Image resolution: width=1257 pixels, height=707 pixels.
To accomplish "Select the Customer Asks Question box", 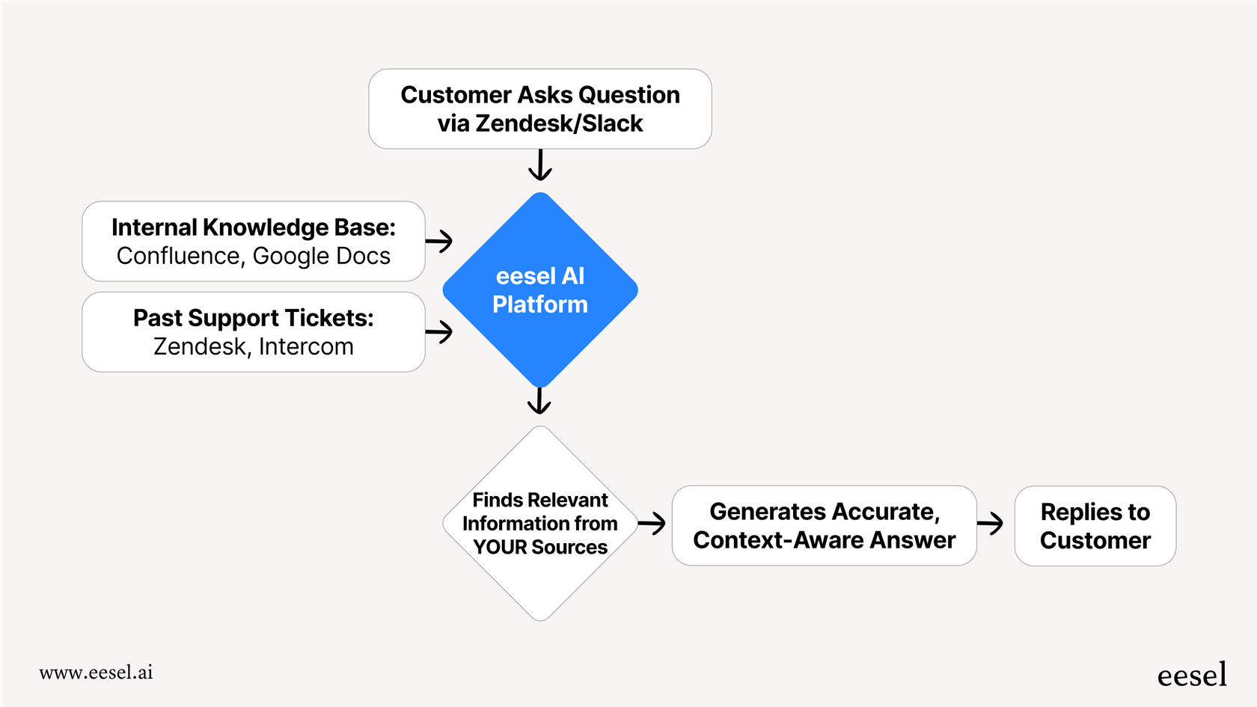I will (x=539, y=108).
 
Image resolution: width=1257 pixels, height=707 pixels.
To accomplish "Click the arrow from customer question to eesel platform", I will (x=539, y=165).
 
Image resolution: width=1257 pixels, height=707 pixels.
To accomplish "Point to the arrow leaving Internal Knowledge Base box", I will (x=440, y=241).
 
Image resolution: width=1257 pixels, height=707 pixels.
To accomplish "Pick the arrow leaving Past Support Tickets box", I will (x=440, y=331).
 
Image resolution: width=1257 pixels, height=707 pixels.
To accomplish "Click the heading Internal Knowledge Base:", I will (x=254, y=227).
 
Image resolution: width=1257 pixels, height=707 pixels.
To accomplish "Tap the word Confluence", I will (x=178, y=256).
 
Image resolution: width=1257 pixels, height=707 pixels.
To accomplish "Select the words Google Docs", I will (x=322, y=256).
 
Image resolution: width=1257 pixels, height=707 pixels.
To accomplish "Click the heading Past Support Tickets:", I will (x=254, y=318).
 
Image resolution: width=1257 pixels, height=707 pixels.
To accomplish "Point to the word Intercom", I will (x=306, y=347).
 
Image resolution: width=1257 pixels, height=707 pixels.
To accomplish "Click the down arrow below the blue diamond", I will (x=539, y=400).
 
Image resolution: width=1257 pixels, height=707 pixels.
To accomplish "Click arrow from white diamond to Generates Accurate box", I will (x=652, y=523).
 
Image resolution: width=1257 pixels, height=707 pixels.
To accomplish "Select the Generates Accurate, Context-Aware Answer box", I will (x=824, y=525).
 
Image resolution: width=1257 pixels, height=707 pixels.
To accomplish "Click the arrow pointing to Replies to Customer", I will (x=991, y=523).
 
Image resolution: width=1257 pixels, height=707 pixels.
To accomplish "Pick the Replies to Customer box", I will (x=1095, y=525).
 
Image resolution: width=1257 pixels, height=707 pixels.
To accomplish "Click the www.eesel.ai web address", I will (x=96, y=673).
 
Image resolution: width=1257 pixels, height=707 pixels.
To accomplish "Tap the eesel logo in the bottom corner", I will (x=1192, y=675).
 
